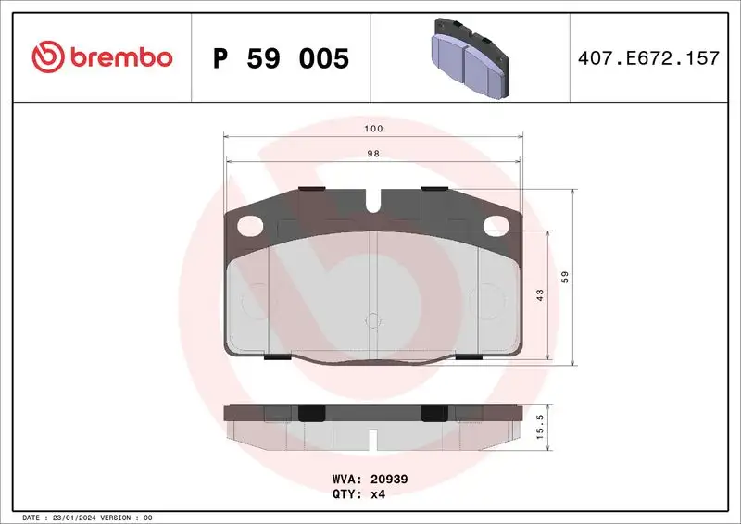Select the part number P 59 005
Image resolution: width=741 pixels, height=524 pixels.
click(281, 58)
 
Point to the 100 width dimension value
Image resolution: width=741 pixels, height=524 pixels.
click(373, 129)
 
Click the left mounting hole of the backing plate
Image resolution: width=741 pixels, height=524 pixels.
click(249, 224)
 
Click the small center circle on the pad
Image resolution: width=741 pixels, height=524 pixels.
click(373, 321)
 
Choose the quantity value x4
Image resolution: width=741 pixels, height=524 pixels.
click(377, 494)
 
